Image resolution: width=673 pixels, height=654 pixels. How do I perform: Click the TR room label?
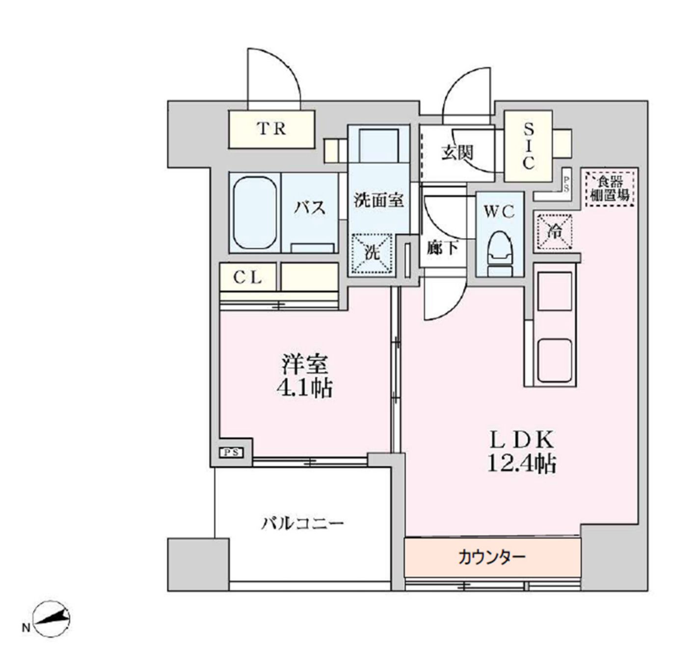[x=271, y=129]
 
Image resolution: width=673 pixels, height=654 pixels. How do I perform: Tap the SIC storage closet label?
[x=528, y=146]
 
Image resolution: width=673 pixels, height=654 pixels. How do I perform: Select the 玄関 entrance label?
[x=457, y=153]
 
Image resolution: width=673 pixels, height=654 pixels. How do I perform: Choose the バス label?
[x=310, y=207]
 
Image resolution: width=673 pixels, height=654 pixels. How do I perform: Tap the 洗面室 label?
[x=378, y=200]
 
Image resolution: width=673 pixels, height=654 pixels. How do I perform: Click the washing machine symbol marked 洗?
[x=372, y=253]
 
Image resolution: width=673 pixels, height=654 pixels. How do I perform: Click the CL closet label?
[x=247, y=277]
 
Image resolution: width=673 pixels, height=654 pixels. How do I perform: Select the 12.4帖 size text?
[x=521, y=463]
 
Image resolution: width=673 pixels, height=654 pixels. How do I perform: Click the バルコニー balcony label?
[x=301, y=523]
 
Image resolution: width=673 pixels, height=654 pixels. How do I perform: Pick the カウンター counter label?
[x=491, y=557]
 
